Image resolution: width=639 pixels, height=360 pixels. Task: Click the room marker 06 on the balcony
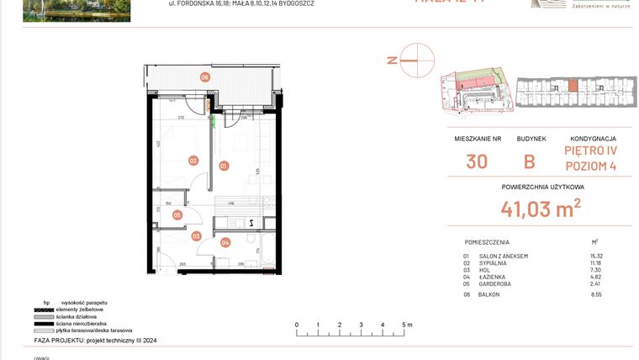click(204, 77)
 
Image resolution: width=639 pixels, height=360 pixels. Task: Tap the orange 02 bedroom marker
click(193, 160)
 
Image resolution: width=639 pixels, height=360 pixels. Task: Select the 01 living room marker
click(224, 166)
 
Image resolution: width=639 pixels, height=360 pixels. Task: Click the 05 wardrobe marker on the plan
click(177, 214)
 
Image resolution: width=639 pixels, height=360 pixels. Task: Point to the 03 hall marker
click(196, 236)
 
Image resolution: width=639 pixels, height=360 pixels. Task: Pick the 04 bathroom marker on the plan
click(225, 242)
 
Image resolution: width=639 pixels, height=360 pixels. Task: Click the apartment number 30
click(476, 162)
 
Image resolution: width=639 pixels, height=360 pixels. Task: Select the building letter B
click(530, 162)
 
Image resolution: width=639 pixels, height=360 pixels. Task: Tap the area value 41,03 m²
click(541, 207)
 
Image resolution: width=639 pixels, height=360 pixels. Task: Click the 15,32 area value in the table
click(597, 256)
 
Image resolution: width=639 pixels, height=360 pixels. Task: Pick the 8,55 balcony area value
click(597, 295)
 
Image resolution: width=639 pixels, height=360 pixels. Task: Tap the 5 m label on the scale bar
click(407, 325)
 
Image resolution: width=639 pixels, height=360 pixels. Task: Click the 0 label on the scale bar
click(296, 325)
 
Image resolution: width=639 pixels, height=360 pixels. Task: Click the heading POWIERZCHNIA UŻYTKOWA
click(541, 187)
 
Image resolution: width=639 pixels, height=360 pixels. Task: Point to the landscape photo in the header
click(77, 10)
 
